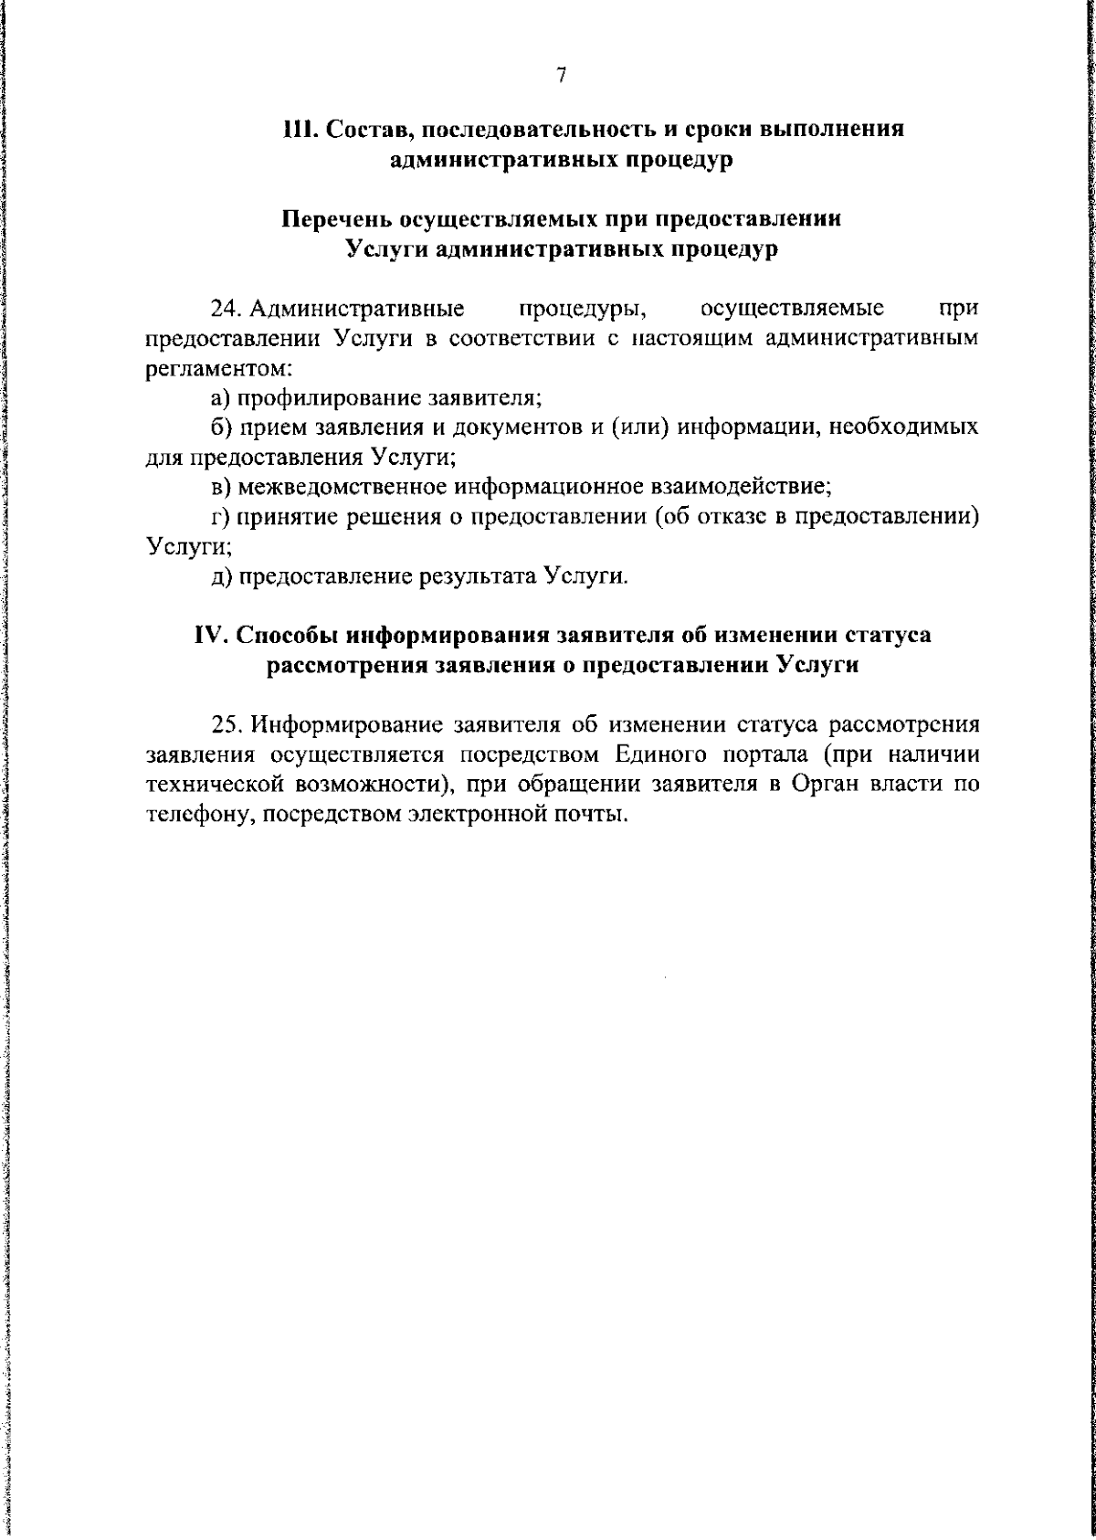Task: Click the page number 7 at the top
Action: (562, 77)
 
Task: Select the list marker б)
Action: (220, 427)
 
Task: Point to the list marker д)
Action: (220, 577)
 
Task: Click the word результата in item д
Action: (478, 577)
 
